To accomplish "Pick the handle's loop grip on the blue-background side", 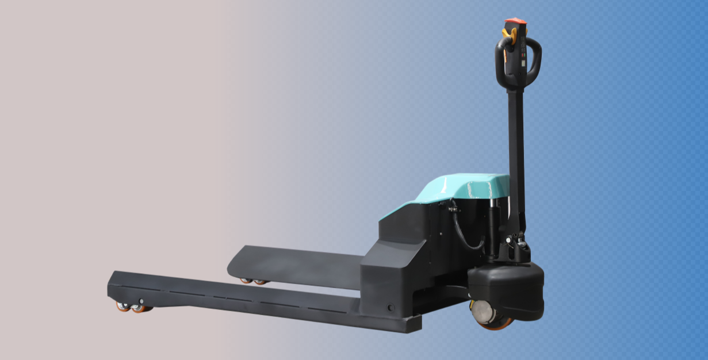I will tap(537, 58).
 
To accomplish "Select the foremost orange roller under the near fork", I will tap(124, 307).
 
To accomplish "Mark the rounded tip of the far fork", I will tap(235, 262).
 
